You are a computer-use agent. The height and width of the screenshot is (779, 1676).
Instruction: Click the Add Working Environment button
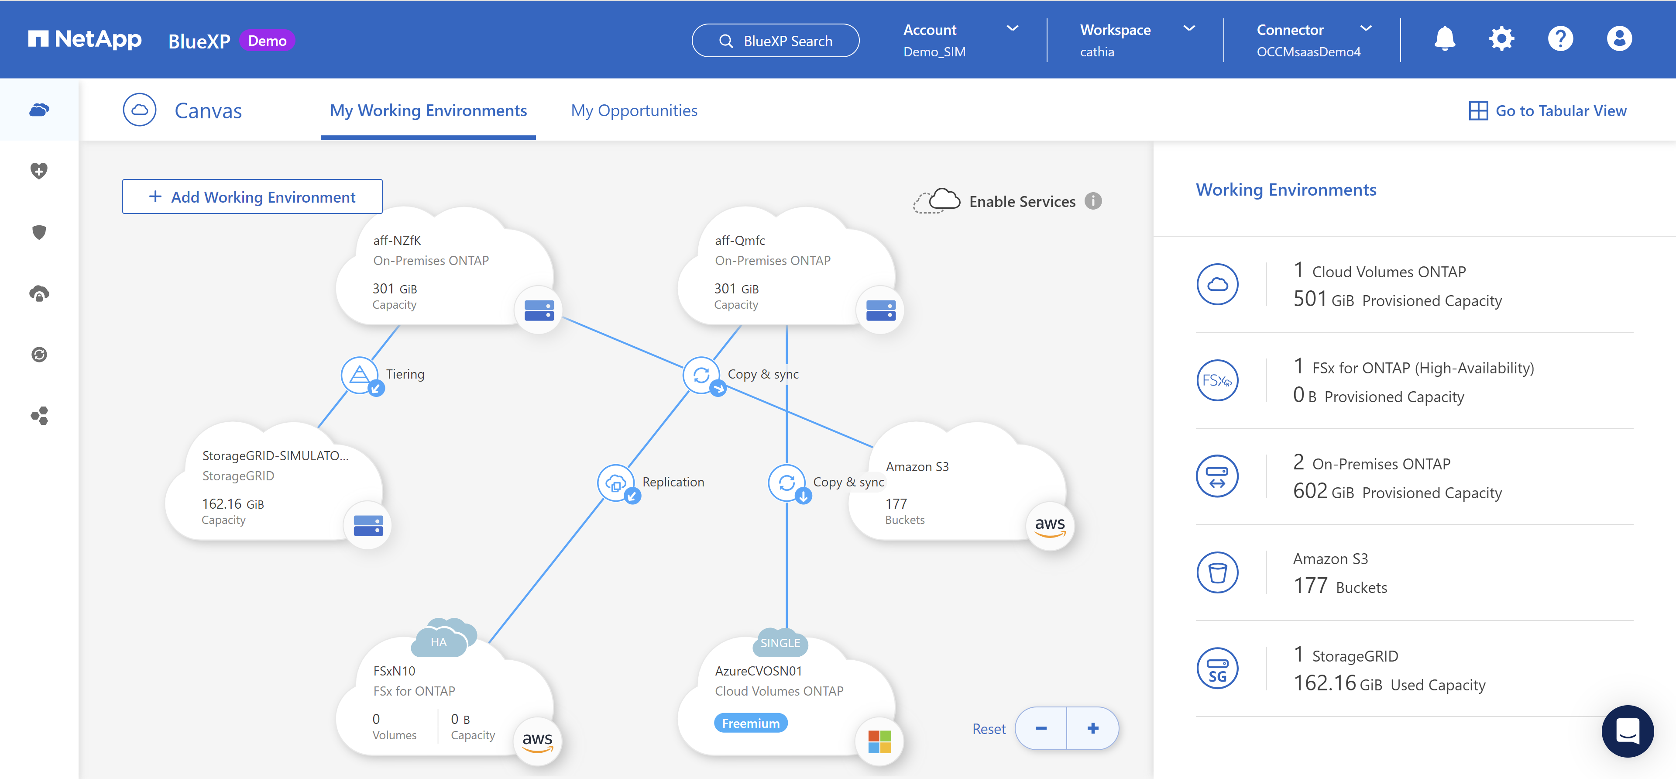tap(252, 196)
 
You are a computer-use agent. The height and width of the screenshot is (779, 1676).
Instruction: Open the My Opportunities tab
tap(634, 110)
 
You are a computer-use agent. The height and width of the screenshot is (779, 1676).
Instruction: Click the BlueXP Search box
tap(776, 41)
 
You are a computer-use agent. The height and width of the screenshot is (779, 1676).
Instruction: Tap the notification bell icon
tap(1444, 39)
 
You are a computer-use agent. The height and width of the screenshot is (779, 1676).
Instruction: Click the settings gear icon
tap(1501, 39)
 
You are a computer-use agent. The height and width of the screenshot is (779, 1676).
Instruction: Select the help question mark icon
tap(1560, 39)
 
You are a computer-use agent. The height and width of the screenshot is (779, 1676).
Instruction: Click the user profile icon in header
tap(1619, 39)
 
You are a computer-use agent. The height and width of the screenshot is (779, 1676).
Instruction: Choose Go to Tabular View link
tap(1548, 110)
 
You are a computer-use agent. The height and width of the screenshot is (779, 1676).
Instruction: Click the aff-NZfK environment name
tap(397, 240)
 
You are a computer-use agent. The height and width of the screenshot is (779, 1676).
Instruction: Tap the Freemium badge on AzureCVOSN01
tap(751, 723)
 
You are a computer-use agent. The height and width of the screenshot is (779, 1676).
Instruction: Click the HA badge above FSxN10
tap(439, 642)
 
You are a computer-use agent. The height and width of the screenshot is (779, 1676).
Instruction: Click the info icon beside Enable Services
tap(1093, 201)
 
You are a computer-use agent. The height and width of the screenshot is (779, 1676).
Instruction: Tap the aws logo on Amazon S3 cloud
tap(1050, 526)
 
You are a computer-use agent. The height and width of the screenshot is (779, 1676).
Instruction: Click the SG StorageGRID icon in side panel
tap(1217, 669)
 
